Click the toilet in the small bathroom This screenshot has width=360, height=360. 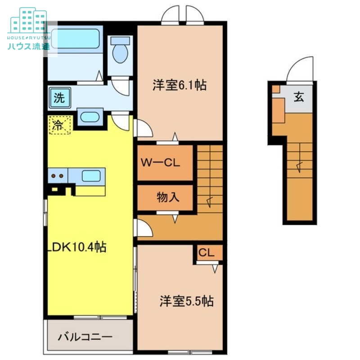pos(120,50)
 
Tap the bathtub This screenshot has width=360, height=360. pos(75,39)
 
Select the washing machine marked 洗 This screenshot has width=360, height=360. pos(59,98)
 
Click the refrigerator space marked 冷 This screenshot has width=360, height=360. pos(60,125)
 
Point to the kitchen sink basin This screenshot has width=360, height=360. pos(91,176)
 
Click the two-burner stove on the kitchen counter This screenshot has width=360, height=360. pos(58,176)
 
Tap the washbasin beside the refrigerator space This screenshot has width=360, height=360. pos(90,117)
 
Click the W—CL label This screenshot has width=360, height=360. pos(160,163)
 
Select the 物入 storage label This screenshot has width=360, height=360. pos(168,197)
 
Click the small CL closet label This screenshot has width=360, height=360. pos(206,253)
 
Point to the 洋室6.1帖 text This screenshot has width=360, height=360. pos(180,85)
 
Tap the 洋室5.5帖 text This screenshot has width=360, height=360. pos(186,301)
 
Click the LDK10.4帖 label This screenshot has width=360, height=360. pos(76,247)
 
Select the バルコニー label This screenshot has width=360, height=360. pos(85,337)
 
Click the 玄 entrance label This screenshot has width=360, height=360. pos(299,97)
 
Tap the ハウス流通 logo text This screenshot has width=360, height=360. pos(28,46)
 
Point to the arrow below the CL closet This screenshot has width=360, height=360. pos(215,269)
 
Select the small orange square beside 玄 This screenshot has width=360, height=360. pos(276,89)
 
